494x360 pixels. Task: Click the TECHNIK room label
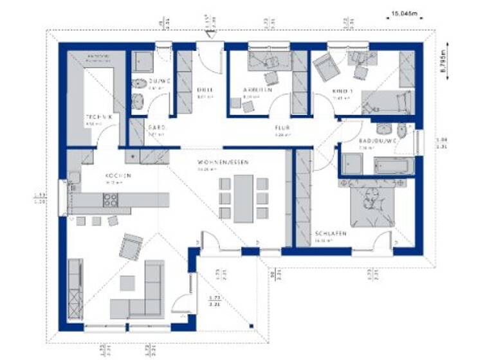(x=99, y=116)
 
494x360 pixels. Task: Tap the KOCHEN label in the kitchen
(x=119, y=175)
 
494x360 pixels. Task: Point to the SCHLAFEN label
(x=331, y=233)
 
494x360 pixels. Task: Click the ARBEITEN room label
(x=257, y=91)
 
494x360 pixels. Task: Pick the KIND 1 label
(x=341, y=91)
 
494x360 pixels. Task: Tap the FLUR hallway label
(x=282, y=128)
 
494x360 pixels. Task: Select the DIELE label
(x=204, y=91)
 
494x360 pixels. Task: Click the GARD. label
(x=157, y=128)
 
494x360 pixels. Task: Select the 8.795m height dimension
(x=444, y=65)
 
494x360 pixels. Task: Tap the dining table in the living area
(x=243, y=199)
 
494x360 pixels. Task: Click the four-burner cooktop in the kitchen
(x=111, y=201)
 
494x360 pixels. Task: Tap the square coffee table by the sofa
(x=127, y=283)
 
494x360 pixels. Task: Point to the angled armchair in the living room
(x=131, y=246)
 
